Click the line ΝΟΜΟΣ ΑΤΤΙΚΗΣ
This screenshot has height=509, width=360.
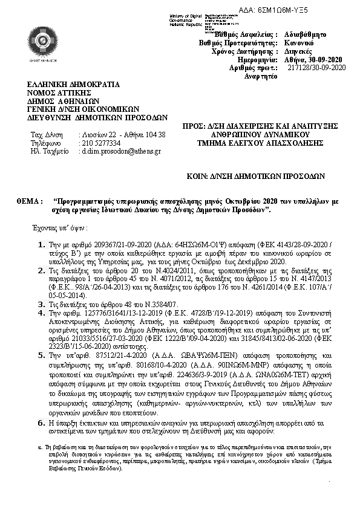coord(59,93)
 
